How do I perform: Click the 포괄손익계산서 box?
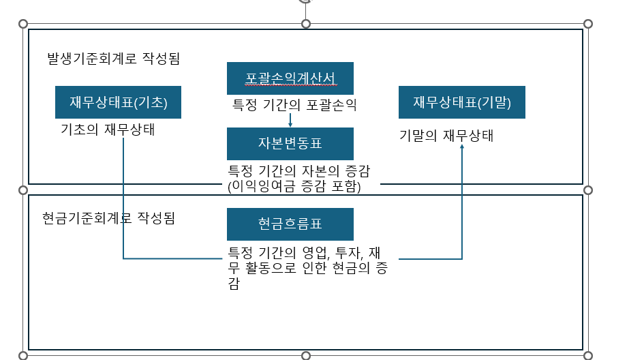[290, 78]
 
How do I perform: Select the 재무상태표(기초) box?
[118, 102]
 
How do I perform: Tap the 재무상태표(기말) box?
[461, 102]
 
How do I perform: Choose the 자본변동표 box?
[290, 143]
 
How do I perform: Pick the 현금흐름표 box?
[290, 224]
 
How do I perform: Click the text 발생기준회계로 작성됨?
[113, 59]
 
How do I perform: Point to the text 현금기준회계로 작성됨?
[109, 218]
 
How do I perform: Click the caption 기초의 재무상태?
[108, 130]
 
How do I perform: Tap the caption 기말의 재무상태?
[446, 136]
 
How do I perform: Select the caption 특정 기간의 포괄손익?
[295, 105]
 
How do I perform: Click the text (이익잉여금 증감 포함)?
[294, 185]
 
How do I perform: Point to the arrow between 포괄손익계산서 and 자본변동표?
[290, 120]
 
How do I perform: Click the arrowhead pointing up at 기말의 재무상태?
[462, 146]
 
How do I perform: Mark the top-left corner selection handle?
[23, 24]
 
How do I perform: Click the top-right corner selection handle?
[587, 24]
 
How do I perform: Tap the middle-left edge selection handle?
[23, 190]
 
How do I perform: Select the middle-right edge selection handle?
[587, 190]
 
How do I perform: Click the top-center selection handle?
[305, 24]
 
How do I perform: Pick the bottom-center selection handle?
[305, 355]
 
